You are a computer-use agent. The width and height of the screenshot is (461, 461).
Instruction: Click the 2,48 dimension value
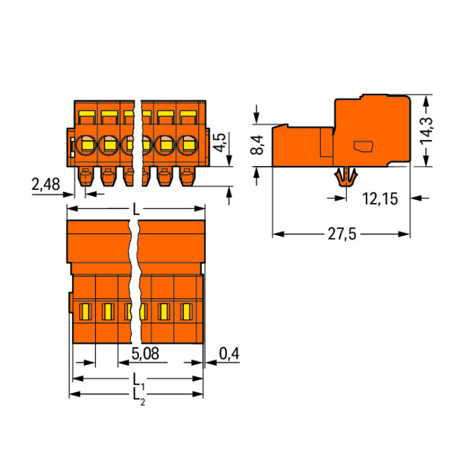45,184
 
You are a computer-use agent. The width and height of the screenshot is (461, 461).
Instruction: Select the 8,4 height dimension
258,144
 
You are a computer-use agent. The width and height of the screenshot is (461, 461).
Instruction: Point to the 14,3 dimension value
427,130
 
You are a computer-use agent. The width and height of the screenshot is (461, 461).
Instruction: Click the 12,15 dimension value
380,199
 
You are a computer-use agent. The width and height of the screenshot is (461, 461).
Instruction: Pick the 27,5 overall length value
342,234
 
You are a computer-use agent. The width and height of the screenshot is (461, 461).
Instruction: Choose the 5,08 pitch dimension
145,353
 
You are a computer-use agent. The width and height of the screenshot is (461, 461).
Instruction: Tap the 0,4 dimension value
229,353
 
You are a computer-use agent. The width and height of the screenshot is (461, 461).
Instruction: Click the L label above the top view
136,210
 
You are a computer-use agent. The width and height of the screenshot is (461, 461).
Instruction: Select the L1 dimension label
139,380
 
